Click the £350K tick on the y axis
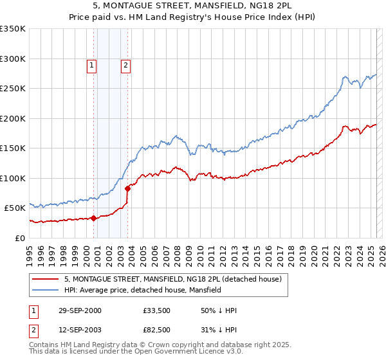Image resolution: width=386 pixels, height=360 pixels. [x=12, y=29]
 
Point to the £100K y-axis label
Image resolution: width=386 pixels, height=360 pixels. [x=12, y=178]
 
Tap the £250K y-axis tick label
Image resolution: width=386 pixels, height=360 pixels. [x=12, y=89]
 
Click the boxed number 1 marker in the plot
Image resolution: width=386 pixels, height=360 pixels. [x=91, y=65]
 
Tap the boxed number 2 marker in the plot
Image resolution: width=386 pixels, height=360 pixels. [x=125, y=65]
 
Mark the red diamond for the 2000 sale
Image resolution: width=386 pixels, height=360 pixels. [x=94, y=217]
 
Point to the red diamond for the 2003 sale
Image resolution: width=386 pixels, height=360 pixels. [x=127, y=188]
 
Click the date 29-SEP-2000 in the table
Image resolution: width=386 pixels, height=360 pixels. [x=80, y=310]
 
